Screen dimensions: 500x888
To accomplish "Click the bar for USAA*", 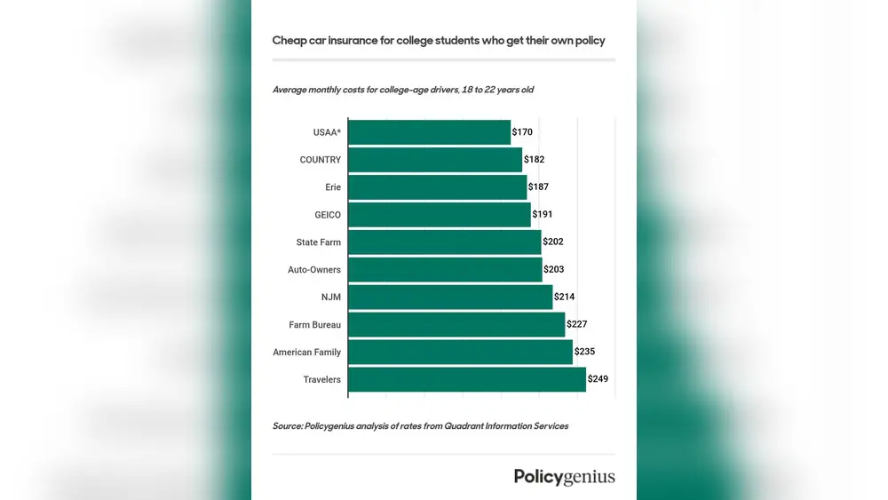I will pyautogui.click(x=429, y=132).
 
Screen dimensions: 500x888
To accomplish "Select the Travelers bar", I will pyautogui.click(x=467, y=379).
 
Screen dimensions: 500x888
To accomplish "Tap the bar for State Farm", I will pyautogui.click(x=444, y=242).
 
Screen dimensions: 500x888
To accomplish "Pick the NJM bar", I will pyautogui.click(x=450, y=297).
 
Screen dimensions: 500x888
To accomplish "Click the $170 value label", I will pyautogui.click(x=523, y=132).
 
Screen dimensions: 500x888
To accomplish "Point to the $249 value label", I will pyautogui.click(x=598, y=379).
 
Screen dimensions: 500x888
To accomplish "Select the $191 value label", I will pyautogui.click(x=542, y=214).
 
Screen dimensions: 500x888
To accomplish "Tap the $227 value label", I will pyautogui.click(x=576, y=325).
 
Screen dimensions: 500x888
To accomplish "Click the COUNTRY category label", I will pyautogui.click(x=321, y=160).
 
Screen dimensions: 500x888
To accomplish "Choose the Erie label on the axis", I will pyautogui.click(x=333, y=187).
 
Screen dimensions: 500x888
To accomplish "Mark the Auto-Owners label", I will pyautogui.click(x=314, y=269).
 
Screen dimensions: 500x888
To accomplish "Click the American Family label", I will pyautogui.click(x=306, y=353).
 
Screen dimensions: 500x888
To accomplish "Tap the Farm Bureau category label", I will pyautogui.click(x=314, y=325).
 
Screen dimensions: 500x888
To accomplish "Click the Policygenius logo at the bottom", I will pyautogui.click(x=564, y=477).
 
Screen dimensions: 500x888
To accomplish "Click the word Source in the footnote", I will pyautogui.click(x=287, y=426).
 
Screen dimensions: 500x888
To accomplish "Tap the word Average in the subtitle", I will pyautogui.click(x=291, y=90).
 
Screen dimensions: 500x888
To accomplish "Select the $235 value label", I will pyautogui.click(x=584, y=352).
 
